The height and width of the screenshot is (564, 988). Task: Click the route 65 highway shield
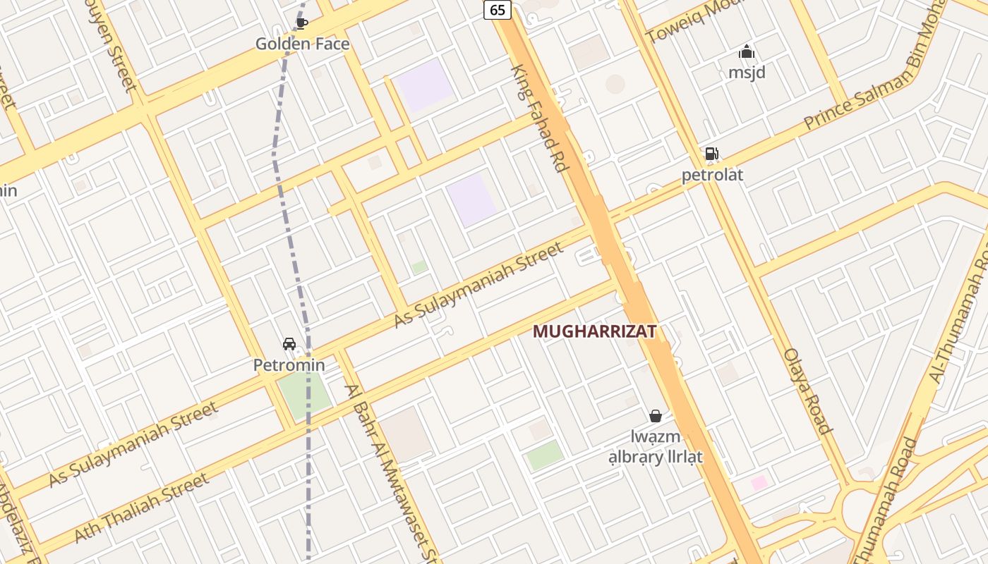click(x=498, y=9)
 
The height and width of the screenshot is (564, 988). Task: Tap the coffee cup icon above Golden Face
click(x=301, y=23)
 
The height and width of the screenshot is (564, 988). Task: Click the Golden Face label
click(x=302, y=44)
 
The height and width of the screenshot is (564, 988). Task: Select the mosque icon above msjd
click(x=747, y=51)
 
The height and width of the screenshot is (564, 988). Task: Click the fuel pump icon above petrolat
click(x=711, y=154)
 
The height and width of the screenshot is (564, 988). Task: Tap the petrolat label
click(x=712, y=174)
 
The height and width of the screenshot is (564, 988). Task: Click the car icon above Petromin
click(x=289, y=343)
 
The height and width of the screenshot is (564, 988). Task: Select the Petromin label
click(x=289, y=364)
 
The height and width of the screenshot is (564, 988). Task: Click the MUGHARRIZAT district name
click(x=594, y=331)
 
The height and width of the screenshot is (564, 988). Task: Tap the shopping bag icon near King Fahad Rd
click(x=656, y=416)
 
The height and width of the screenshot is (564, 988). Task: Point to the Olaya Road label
click(x=808, y=391)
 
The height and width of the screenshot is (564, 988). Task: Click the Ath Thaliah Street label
click(x=141, y=508)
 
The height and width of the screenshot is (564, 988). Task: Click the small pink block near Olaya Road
click(x=759, y=483)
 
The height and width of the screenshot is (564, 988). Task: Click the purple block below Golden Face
click(x=424, y=85)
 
